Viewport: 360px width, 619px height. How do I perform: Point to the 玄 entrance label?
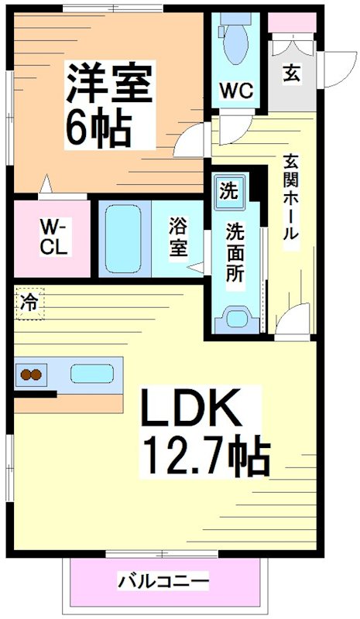(292, 74)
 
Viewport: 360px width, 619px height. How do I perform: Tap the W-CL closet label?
(53, 238)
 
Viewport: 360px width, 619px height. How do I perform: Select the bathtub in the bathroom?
(124, 237)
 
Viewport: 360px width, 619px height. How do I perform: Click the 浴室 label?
(178, 237)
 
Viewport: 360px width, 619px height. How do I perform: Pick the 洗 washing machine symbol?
(229, 190)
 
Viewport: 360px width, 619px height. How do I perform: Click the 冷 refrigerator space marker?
(29, 302)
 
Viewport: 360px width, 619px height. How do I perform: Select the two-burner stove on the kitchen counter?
(30, 376)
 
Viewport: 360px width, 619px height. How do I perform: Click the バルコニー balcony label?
(163, 580)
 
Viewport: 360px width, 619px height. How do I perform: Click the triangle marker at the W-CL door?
(48, 186)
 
